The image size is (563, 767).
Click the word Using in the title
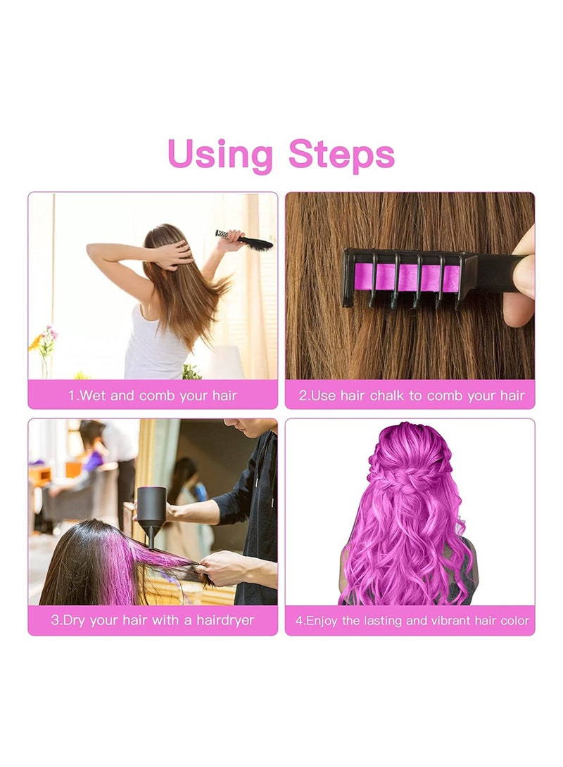coord(220,155)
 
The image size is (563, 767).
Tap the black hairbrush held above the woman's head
coord(246,240)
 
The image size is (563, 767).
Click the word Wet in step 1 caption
coord(93,396)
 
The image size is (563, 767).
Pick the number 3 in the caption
coord(55,621)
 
